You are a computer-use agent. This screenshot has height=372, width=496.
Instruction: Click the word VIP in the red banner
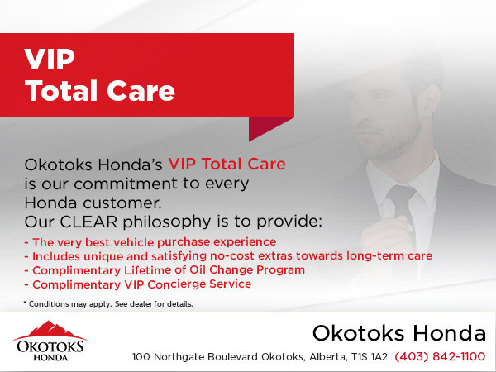(x=50, y=60)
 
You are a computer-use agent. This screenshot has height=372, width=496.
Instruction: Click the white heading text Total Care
(x=100, y=91)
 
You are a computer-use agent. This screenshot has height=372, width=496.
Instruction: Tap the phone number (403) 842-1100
(x=440, y=356)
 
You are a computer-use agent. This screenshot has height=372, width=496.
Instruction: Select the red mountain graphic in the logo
(x=50, y=330)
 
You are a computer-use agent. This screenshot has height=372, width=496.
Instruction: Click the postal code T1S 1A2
(x=370, y=357)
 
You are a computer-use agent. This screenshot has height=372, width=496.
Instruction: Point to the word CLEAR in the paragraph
(x=88, y=222)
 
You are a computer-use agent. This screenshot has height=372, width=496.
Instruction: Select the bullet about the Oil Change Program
(x=165, y=270)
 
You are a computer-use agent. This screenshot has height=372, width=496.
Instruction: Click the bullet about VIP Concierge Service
(x=138, y=284)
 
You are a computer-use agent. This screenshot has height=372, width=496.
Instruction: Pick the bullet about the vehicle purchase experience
(x=150, y=242)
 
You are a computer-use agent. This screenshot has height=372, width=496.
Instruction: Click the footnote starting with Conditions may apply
(x=108, y=304)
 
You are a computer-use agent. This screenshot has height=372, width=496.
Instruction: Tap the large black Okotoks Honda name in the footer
(x=399, y=333)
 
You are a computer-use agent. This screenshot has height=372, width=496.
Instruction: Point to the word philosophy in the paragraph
(x=167, y=222)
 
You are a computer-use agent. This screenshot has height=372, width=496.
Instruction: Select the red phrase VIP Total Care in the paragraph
(x=227, y=165)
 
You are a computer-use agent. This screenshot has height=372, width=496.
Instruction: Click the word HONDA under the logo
(x=50, y=358)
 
